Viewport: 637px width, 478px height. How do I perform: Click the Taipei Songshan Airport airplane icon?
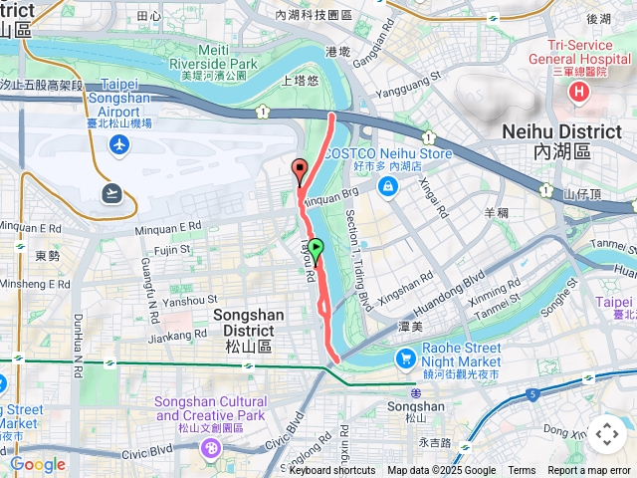coord(120,146)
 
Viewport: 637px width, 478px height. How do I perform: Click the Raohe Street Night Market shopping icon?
coord(405,358)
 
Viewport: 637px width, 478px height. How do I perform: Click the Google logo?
coord(37,464)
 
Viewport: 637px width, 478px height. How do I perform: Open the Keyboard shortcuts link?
coord(332,471)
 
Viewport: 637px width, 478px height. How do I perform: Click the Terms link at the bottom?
coord(522,471)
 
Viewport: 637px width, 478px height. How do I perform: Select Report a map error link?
coord(589,471)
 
